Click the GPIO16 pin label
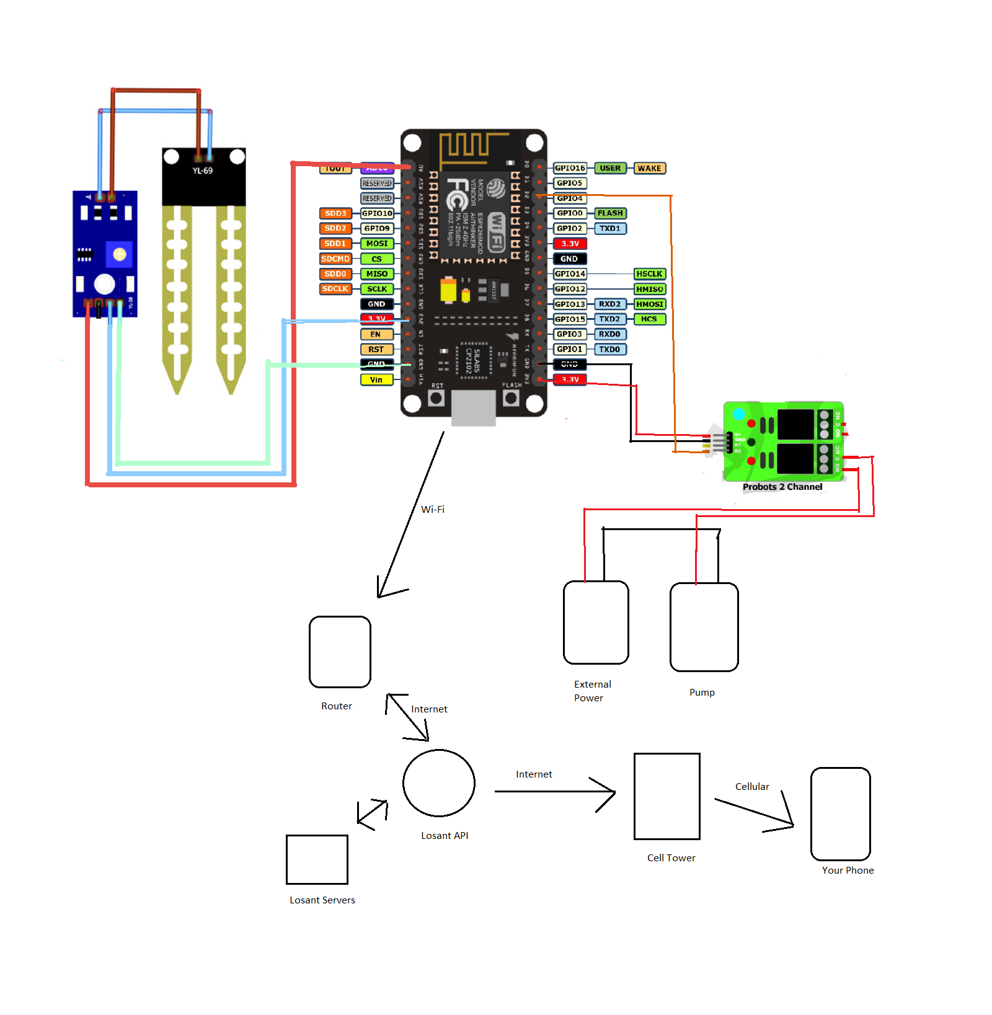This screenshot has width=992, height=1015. [x=570, y=168]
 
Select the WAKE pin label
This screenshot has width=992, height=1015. [x=649, y=168]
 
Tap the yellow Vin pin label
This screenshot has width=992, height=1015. [x=376, y=379]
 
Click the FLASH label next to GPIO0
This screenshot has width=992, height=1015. [x=610, y=213]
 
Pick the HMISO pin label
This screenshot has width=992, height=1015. [x=649, y=289]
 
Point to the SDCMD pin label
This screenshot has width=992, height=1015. [x=335, y=259]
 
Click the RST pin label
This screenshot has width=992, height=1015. [x=376, y=349]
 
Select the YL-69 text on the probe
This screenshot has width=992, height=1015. [x=202, y=171]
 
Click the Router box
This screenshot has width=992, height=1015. [x=340, y=652]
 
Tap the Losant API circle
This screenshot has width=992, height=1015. [x=438, y=783]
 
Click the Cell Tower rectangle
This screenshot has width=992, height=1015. [x=666, y=796]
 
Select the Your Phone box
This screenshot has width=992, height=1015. [x=840, y=813]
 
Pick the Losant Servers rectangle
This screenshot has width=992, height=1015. [x=317, y=859]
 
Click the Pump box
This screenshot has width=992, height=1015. [x=704, y=627]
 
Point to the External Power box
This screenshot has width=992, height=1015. [x=596, y=623]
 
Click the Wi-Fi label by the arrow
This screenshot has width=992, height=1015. [x=433, y=510]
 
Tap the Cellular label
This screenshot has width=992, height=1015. [x=752, y=787]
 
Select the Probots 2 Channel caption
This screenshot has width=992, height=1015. [x=782, y=487]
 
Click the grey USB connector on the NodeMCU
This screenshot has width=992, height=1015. [x=473, y=408]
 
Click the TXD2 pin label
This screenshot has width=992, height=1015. [x=609, y=319]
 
